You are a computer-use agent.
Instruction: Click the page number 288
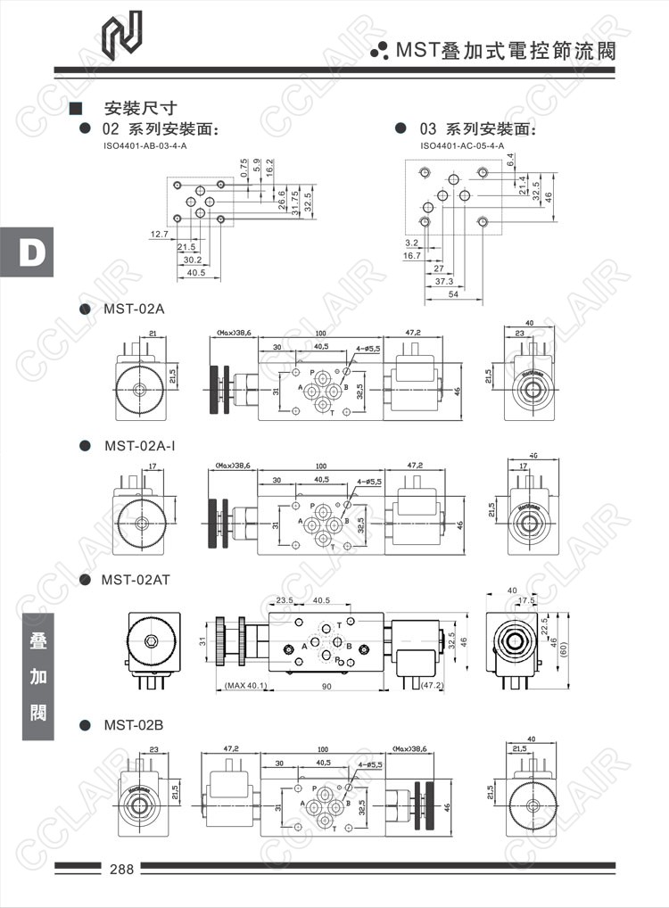[x=120, y=869]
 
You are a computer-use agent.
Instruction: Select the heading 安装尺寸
[x=141, y=110]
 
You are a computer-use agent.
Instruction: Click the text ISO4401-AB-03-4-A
[x=145, y=145]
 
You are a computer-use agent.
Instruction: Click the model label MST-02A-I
[x=140, y=445]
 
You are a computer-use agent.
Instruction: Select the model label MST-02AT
[x=136, y=580]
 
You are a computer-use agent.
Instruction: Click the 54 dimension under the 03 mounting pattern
[x=453, y=293]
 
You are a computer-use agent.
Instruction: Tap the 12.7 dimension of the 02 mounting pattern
[x=159, y=234]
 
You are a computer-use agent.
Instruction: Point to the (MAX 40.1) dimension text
[x=246, y=686]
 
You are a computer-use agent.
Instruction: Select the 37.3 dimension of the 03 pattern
[x=444, y=281]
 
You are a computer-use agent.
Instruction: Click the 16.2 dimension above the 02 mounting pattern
[x=270, y=168]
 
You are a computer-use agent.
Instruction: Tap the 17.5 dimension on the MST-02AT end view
[x=526, y=601]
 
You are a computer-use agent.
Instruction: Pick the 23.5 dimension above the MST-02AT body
[x=285, y=600]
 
